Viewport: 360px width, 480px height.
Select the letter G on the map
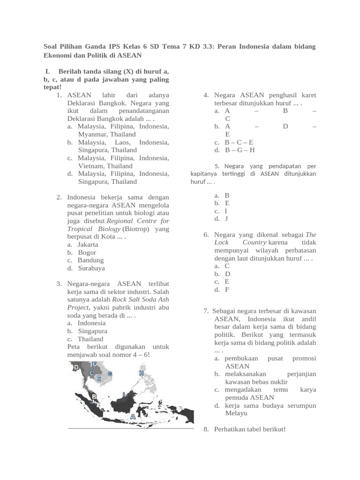[x=110, y=374]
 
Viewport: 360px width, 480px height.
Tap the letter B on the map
[x=94, y=397]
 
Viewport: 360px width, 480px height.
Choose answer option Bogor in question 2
[x=87, y=252]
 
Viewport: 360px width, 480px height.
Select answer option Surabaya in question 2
[x=91, y=268]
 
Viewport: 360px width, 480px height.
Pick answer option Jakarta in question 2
[x=88, y=244]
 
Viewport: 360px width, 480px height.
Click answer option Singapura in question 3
[x=92, y=331]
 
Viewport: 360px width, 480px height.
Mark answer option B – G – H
[x=240, y=150]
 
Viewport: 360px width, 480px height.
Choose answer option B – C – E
[x=239, y=142]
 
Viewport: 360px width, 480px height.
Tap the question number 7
[x=206, y=311]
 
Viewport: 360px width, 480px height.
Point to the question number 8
[x=206, y=429]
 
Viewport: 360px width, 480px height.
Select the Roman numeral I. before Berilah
[x=47, y=71]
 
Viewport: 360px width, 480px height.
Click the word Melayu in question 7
[x=236, y=413]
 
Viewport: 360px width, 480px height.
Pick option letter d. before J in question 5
[x=217, y=218]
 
